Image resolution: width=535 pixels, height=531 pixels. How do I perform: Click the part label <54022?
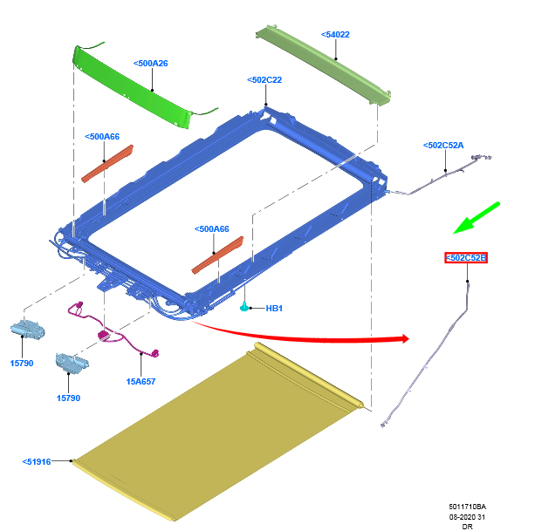coord(336,35)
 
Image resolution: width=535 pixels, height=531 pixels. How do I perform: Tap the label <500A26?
coord(151,63)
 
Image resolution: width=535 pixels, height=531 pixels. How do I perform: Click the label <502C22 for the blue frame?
coord(264,79)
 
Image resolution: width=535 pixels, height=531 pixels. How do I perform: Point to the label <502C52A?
coord(443,146)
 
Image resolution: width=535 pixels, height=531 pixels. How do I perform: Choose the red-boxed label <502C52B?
coord(466,258)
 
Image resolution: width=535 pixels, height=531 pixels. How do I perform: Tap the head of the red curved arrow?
coord(403,338)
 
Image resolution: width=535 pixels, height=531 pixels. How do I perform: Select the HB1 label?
coord(274,308)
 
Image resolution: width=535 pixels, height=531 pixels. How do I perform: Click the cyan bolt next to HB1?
coord(245,307)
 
